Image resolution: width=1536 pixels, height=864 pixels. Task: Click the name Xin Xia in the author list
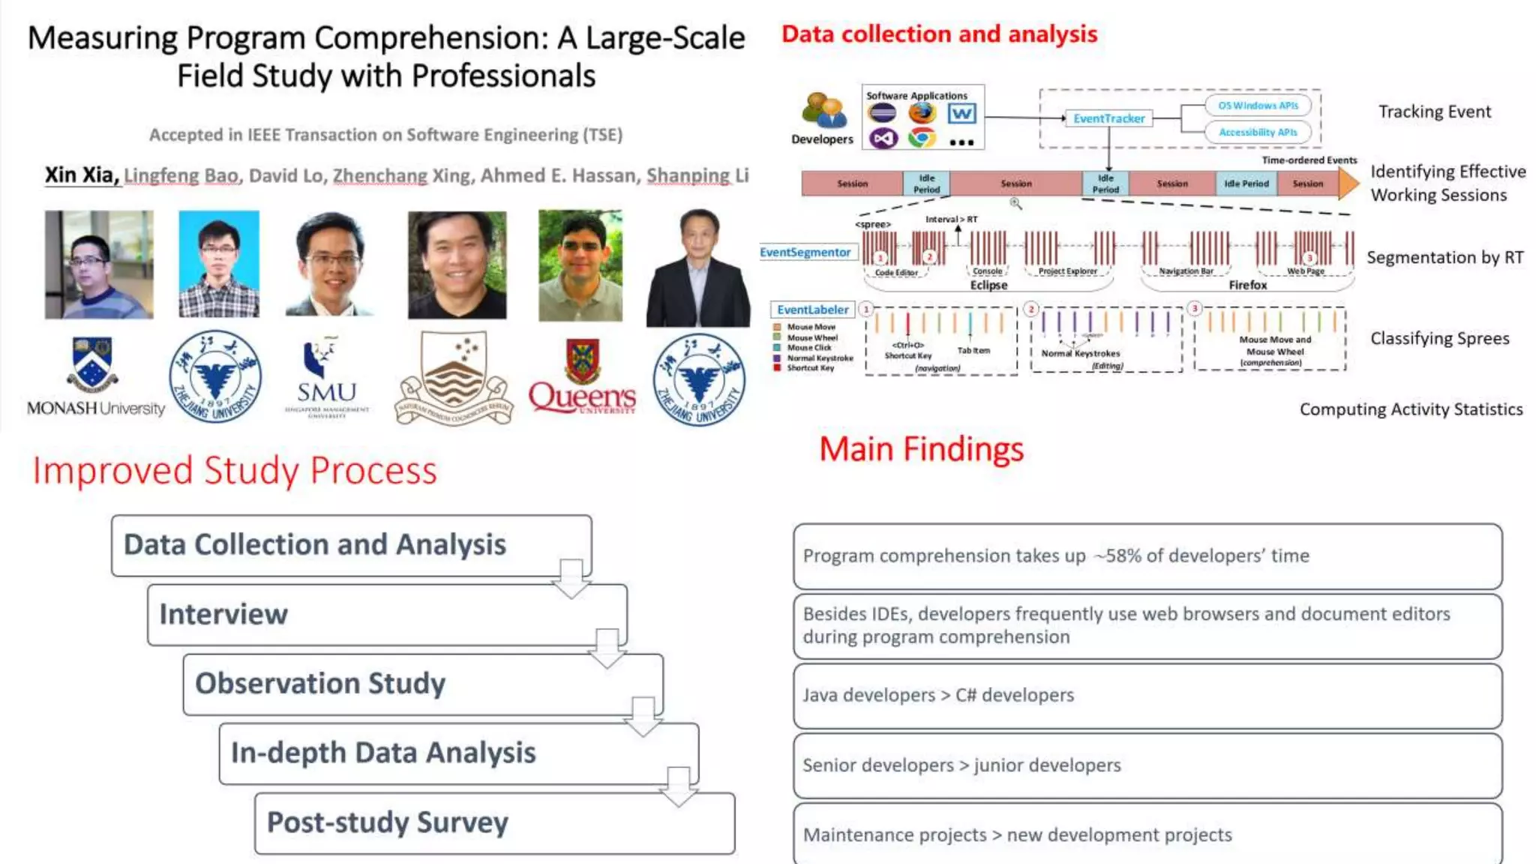click(81, 175)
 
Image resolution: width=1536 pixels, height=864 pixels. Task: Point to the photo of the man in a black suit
click(698, 268)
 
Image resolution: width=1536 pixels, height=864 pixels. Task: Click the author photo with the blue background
click(219, 263)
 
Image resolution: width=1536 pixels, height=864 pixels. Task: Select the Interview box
click(386, 614)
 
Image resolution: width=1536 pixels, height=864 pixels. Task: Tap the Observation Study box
click(422, 683)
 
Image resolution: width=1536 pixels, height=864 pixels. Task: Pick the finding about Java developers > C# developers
click(1147, 695)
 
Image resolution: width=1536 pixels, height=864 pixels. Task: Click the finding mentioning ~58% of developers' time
click(1147, 556)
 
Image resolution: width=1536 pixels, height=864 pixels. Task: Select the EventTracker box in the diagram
click(1108, 118)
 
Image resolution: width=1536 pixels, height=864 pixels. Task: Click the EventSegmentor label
click(805, 253)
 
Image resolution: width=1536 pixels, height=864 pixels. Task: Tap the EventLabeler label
click(812, 310)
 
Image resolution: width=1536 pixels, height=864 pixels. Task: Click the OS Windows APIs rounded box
click(1258, 106)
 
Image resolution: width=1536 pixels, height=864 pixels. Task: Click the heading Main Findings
click(921, 449)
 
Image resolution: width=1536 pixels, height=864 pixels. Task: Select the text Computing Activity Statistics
click(1411, 409)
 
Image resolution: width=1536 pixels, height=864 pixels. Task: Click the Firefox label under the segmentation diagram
click(1247, 285)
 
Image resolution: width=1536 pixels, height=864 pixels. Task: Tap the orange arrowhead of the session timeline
click(1348, 183)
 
